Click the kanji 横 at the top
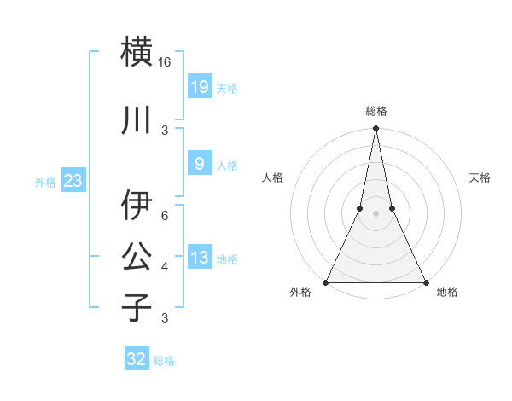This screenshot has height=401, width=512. pyautogui.click(x=137, y=51)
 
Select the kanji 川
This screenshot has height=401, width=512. pyautogui.click(x=137, y=120)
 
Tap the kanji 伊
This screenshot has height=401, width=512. pyautogui.click(x=137, y=206)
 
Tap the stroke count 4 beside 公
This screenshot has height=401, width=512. pyautogui.click(x=165, y=267)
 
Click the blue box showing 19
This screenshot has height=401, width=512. pyautogui.click(x=199, y=87)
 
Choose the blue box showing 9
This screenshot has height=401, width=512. pyautogui.click(x=199, y=164)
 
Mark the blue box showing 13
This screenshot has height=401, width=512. pyautogui.click(x=199, y=258)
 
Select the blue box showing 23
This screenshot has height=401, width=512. pyautogui.click(x=73, y=181)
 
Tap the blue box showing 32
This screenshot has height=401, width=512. pyautogui.click(x=137, y=359)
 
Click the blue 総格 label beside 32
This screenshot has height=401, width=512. pyautogui.click(x=164, y=361)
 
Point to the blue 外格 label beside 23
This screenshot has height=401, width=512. pyautogui.click(x=44, y=183)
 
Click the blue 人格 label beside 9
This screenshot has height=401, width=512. pyautogui.click(x=227, y=166)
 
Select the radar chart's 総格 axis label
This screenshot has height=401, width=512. pyautogui.click(x=376, y=111)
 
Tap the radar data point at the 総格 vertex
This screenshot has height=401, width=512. pyautogui.click(x=375, y=130)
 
